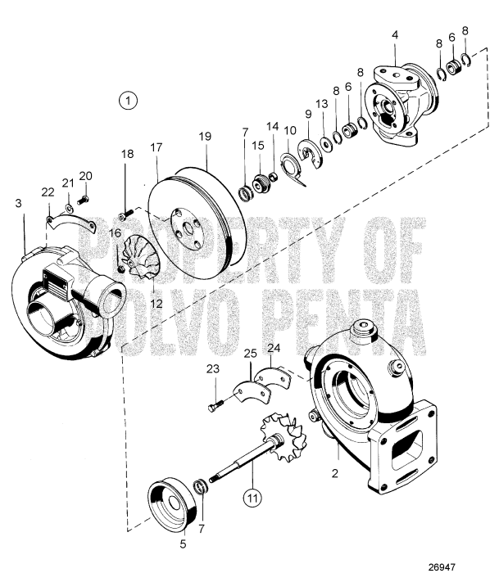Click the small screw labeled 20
point(82,199)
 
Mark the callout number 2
point(333,474)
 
